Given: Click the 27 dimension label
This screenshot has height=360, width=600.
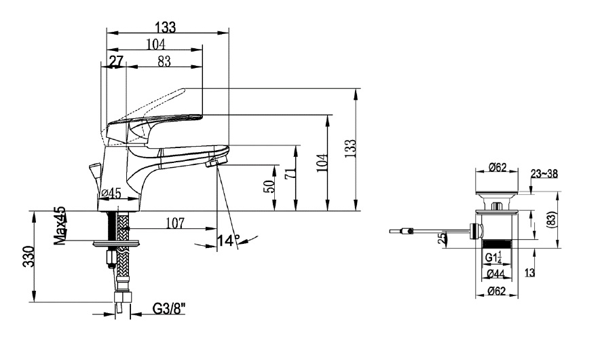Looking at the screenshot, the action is coord(116,61).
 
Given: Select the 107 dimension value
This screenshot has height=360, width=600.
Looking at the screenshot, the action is coord(175,223).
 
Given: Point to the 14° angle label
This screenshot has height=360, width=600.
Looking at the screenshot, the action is coord(228,240).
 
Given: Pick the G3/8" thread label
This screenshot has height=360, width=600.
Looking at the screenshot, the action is coord(169,308).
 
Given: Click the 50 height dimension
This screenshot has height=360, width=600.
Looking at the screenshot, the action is coord(269,186).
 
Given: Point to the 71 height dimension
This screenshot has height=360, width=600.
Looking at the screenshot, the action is coord(290,173).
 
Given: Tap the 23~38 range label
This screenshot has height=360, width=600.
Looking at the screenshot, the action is coord(544,174).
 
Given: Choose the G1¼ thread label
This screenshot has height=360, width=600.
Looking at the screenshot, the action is coord(493,257).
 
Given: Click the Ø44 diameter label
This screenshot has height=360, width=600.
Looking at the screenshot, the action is coord(496,274).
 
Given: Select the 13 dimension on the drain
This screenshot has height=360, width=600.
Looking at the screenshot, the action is coord(529,272).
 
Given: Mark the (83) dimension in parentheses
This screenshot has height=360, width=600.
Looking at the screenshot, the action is coord(551,220).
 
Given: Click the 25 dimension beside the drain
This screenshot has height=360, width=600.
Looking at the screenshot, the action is coord(442,238).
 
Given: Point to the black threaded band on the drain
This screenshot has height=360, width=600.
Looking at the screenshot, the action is coord(497,244).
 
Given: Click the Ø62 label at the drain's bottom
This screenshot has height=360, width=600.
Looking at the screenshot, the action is coord(497,291).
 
